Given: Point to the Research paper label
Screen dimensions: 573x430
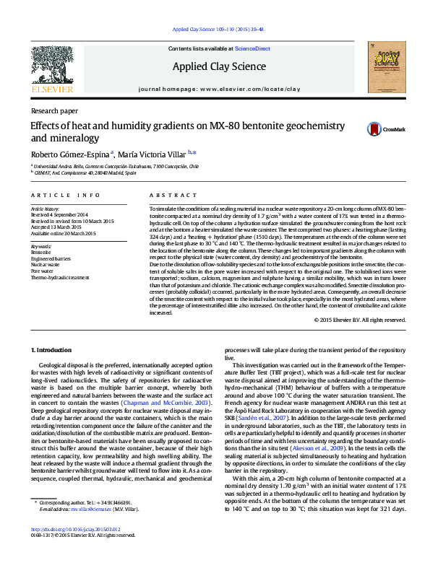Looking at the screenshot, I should tap(54, 111).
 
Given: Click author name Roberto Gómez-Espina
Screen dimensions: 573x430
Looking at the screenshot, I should tap(70, 154).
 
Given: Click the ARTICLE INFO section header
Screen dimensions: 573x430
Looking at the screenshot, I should tap(66, 196).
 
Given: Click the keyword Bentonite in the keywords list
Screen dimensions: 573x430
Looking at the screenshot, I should tap(41, 252).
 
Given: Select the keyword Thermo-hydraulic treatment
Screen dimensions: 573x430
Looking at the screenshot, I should tap(60, 277).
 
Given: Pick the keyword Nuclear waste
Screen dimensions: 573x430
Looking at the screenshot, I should tap(45, 265).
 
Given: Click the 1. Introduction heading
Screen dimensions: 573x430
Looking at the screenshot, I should tap(52, 350).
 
